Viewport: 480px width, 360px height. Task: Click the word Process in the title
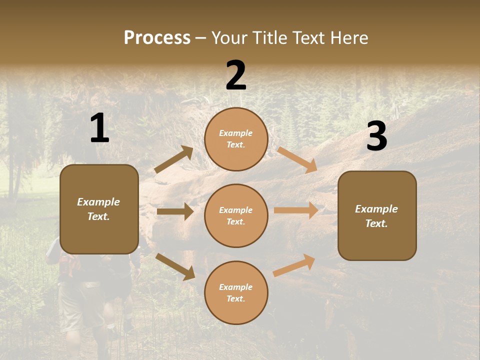click(157, 38)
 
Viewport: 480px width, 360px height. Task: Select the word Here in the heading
click(348, 38)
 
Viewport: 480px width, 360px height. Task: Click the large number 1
click(99, 128)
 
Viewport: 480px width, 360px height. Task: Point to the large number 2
click(236, 75)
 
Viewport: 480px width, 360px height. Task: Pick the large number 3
click(376, 136)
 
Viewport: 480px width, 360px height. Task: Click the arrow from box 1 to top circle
click(174, 159)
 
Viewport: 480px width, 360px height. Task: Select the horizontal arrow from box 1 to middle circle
click(175, 211)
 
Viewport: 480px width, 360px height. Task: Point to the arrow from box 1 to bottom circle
click(175, 266)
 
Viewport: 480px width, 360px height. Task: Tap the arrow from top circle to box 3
click(297, 159)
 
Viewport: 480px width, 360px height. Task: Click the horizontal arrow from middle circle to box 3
click(296, 210)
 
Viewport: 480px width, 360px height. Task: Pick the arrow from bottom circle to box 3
click(294, 265)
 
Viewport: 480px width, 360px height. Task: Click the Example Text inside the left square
click(98, 209)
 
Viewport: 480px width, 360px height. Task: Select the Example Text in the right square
click(376, 216)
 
